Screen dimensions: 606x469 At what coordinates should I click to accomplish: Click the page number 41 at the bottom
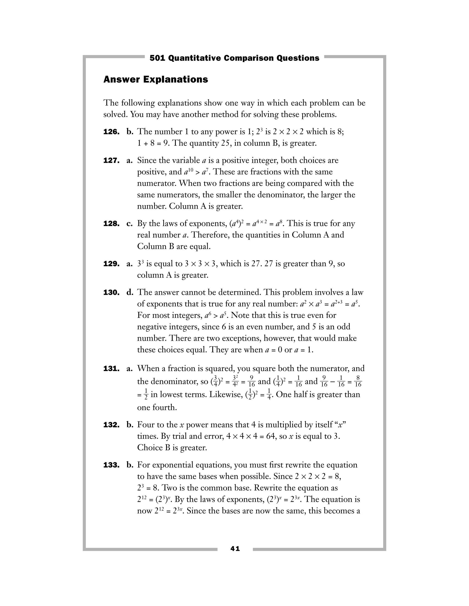tap(235, 549)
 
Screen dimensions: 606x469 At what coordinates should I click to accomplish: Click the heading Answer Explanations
tap(155, 79)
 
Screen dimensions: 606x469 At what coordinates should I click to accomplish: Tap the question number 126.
tap(111, 132)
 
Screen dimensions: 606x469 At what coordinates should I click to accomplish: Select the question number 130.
tap(111, 292)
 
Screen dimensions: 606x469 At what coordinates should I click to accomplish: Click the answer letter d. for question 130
tap(130, 292)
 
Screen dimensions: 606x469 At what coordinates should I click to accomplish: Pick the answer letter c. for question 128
tap(129, 224)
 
